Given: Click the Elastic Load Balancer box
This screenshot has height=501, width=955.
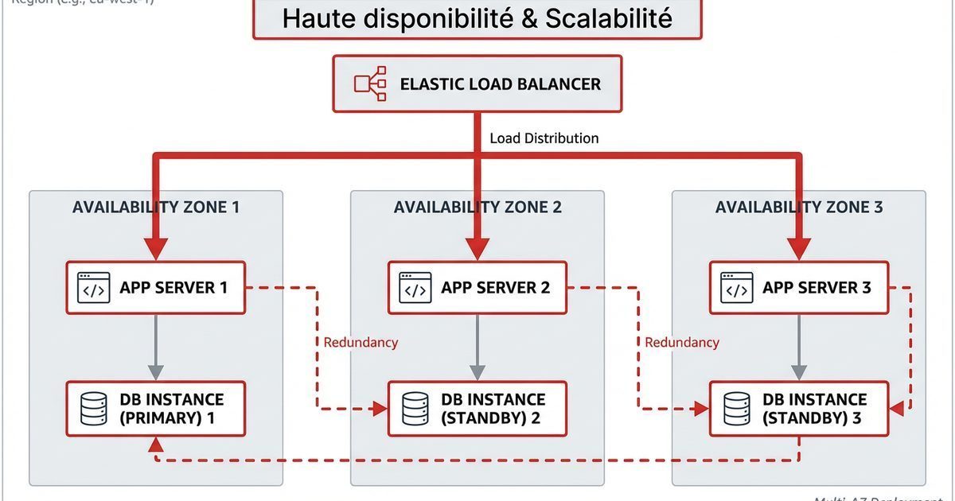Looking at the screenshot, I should click(477, 83).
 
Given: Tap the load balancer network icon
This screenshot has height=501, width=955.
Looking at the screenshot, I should click(371, 84).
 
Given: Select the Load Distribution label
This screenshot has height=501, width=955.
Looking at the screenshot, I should click(544, 138).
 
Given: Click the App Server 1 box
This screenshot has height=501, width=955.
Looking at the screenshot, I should click(156, 288).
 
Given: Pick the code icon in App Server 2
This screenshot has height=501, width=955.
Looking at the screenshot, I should click(415, 288).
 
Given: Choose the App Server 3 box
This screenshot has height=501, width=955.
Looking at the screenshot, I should click(799, 288).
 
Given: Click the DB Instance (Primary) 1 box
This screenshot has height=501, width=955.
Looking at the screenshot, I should click(156, 409).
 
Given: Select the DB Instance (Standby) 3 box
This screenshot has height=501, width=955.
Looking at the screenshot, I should click(799, 409).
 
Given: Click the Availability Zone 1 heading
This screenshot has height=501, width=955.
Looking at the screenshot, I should click(156, 208).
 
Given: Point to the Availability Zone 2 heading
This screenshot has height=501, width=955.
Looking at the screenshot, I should click(477, 208).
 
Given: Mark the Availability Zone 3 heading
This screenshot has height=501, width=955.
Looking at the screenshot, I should click(799, 208).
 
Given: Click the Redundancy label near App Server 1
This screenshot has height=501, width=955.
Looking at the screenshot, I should click(361, 343).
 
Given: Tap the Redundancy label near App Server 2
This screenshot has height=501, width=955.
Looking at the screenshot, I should click(682, 343).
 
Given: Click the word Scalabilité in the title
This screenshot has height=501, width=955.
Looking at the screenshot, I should click(608, 18).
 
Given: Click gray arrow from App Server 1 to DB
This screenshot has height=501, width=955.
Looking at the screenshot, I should click(156, 348).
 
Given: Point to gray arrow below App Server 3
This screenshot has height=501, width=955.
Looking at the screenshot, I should click(799, 348).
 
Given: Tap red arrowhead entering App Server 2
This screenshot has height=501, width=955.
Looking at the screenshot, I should click(477, 248).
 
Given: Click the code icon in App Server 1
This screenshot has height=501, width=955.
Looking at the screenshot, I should click(94, 288).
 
